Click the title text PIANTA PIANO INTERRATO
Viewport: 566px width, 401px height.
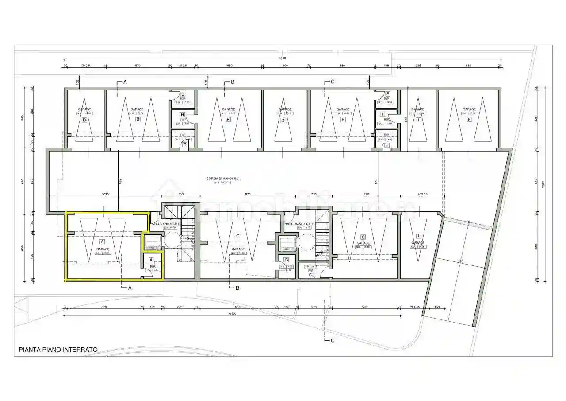click(58, 350)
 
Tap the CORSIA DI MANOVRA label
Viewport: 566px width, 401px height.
click(222, 179)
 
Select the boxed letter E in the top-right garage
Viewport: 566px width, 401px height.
click(469, 119)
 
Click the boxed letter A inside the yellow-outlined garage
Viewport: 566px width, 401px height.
click(102, 242)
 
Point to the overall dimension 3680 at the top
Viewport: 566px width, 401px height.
click(283, 58)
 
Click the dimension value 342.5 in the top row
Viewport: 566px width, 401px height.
click(86, 66)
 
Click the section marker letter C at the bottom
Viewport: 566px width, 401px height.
click(333, 341)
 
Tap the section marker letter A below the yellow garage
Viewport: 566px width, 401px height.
click(130, 288)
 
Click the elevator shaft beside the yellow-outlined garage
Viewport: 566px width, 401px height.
click(152, 242)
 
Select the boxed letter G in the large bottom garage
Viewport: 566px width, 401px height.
click(237, 236)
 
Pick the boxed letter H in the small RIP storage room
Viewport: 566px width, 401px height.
click(182, 114)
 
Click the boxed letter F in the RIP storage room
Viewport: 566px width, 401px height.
click(388, 94)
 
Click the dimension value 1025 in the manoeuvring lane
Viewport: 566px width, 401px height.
click(105, 194)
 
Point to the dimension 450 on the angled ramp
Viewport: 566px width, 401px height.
click(460, 262)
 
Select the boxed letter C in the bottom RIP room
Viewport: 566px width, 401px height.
click(310, 275)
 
